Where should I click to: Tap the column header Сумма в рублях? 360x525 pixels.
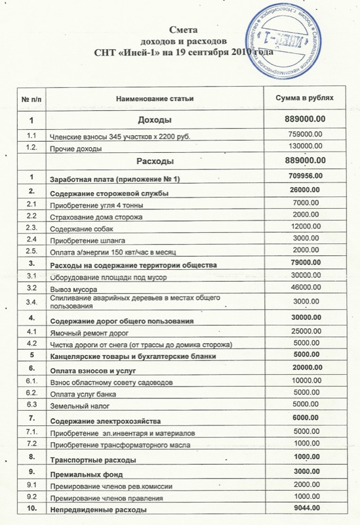(302, 98)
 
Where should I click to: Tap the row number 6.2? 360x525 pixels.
(30, 393)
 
